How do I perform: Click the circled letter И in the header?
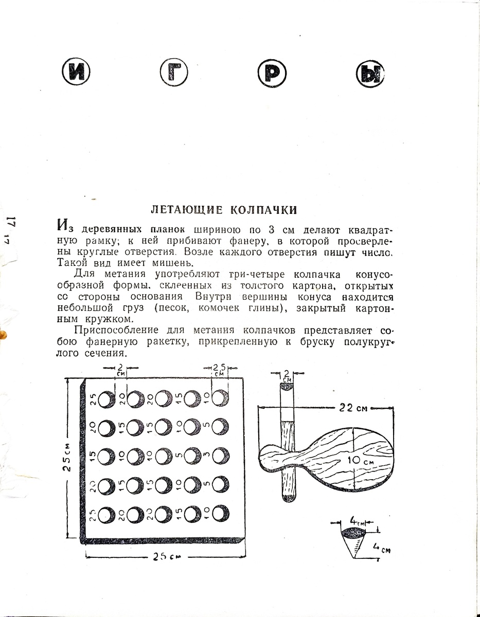76,73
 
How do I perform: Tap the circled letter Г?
174,73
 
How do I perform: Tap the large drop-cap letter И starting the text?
63,226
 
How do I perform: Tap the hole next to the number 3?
221,455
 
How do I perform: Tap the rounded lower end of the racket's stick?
288,498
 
